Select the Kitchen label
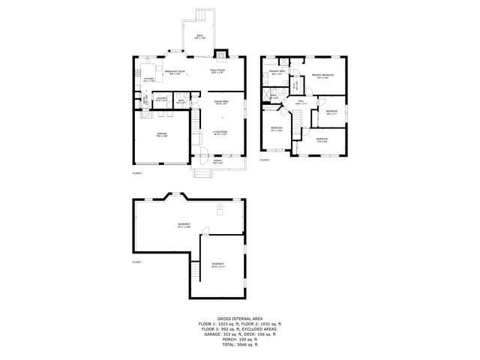click(148, 79)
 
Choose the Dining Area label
click(220, 101)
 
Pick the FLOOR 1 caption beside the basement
click(136, 262)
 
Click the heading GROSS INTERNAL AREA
click(239, 319)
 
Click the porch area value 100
click(242, 339)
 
